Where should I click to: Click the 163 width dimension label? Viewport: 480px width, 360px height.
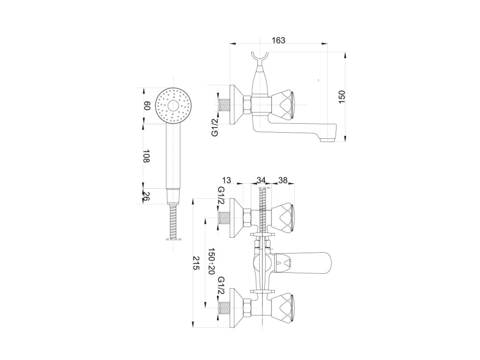click(278, 40)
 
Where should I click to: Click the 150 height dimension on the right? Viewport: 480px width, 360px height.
click(342, 97)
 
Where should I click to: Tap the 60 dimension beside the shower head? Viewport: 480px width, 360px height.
click(147, 106)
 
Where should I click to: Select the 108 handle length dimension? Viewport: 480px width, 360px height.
click(146, 156)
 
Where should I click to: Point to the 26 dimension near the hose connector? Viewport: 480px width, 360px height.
click(146, 196)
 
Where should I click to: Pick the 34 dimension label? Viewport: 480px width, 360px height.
click(261, 180)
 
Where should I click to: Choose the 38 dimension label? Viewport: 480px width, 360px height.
click(283, 180)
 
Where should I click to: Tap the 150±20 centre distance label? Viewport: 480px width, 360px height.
click(210, 261)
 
